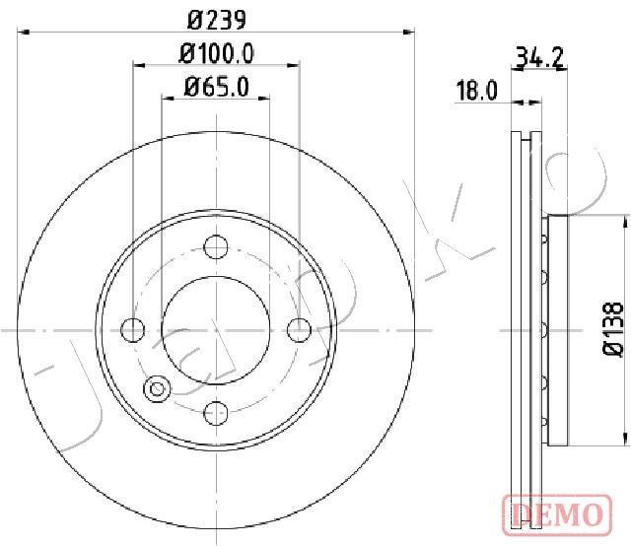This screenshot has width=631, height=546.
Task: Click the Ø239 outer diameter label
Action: (216, 20)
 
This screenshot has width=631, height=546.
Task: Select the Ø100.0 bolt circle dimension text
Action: (216, 53)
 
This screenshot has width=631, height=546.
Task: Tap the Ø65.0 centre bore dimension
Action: (216, 87)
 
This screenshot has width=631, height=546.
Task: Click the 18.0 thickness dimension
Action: (477, 91)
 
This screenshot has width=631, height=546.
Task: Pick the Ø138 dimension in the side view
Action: (613, 329)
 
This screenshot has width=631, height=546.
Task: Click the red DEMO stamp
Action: (557, 514)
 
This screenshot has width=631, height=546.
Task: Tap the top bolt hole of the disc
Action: (216, 246)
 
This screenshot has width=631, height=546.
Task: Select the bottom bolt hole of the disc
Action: (216, 413)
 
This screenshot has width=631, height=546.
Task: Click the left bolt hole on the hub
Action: (133, 330)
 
